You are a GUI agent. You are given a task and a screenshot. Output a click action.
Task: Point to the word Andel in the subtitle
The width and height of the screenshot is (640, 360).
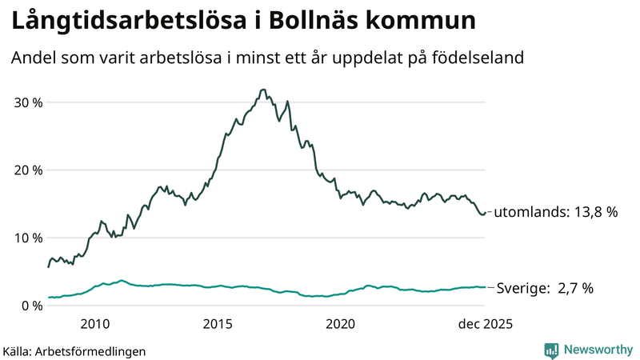tap(33, 58)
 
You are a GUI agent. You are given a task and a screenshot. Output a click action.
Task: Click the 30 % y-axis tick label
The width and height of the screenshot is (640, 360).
tap(27, 102)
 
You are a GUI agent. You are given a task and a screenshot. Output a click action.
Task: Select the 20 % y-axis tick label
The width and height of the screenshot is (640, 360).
tap(27, 170)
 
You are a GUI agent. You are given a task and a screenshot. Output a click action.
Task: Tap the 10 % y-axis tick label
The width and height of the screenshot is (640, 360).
tap(27, 238)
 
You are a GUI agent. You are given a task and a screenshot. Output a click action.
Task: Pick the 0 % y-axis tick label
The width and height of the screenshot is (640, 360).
tap(31, 306)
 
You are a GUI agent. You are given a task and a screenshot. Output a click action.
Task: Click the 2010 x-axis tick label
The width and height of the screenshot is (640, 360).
tap(94, 324)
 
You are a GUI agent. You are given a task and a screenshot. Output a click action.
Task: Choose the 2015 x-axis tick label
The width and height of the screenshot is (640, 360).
tap(218, 324)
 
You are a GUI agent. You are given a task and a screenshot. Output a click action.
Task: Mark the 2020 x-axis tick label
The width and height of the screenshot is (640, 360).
tap(341, 324)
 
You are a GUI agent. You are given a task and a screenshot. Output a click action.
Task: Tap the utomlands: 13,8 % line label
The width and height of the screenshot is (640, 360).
tap(556, 213)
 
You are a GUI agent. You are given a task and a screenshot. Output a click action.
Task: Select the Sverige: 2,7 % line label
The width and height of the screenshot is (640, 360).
tap(546, 288)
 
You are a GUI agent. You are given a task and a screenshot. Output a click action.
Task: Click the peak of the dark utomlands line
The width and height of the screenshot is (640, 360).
tap(263, 90)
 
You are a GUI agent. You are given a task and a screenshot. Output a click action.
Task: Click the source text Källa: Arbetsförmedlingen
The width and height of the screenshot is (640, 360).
tap(74, 350)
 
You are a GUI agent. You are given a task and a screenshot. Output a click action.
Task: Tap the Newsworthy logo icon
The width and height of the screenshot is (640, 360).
tap(551, 350)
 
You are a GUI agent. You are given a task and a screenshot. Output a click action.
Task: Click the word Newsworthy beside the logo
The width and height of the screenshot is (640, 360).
tap(597, 350)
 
